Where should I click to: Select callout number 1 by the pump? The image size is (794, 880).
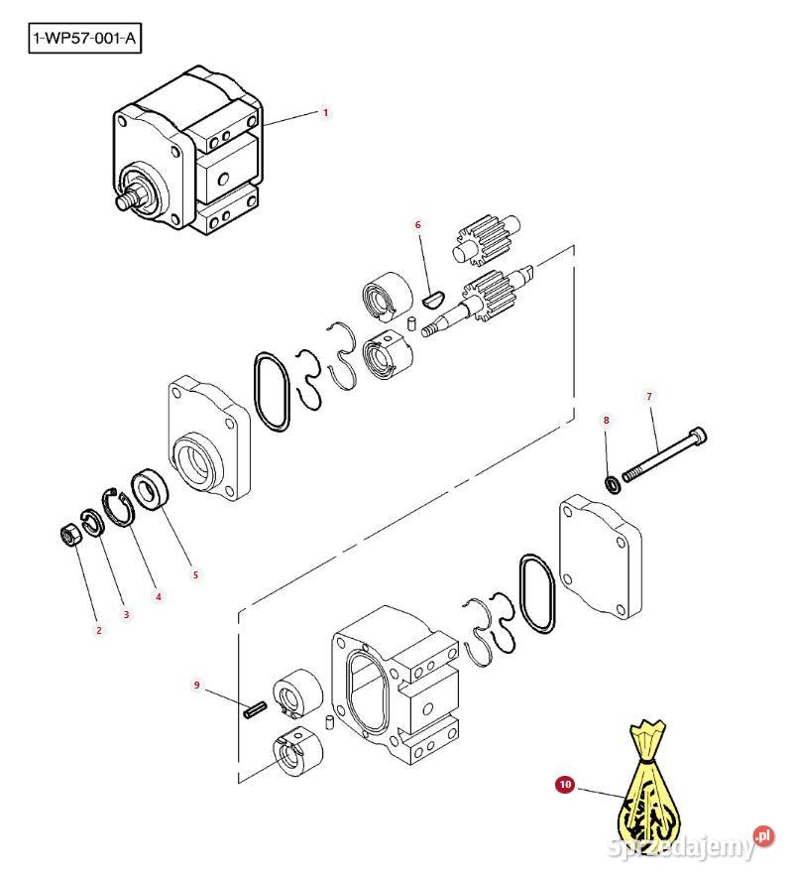pos(325,113)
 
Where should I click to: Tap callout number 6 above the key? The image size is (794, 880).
pos(417,225)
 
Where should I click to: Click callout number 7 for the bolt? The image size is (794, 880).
pos(649,397)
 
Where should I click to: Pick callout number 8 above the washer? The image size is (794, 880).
pos(607,421)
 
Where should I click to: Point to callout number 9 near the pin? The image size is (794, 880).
pos(196,685)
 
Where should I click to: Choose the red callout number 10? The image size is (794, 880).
pos(565,785)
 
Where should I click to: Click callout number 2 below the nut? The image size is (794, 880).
pos(98,630)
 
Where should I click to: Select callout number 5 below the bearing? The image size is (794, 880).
pos(195,574)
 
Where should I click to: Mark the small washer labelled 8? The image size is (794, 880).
pos(613,484)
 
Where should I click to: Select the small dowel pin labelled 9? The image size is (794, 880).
pos(254,709)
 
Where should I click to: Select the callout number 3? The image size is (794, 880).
pos(126,614)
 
